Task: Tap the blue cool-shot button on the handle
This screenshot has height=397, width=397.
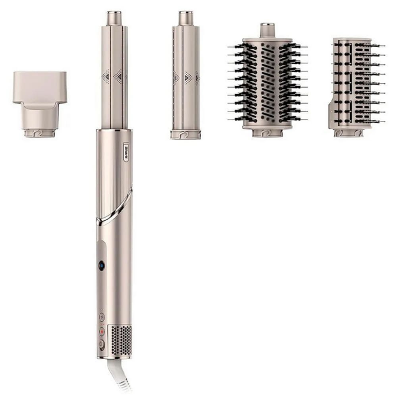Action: point(102,266)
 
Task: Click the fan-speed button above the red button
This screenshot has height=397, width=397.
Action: point(102,317)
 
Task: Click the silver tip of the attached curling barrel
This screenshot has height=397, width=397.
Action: point(114,18)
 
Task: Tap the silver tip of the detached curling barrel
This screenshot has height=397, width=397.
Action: point(185,18)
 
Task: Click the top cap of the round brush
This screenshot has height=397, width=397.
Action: point(268,30)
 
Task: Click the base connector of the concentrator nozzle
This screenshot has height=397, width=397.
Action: point(40,133)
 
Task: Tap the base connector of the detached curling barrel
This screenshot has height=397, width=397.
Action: point(185,134)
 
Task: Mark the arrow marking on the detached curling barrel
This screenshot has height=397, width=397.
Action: point(188,76)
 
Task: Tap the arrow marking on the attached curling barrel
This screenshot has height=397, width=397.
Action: point(118,75)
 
